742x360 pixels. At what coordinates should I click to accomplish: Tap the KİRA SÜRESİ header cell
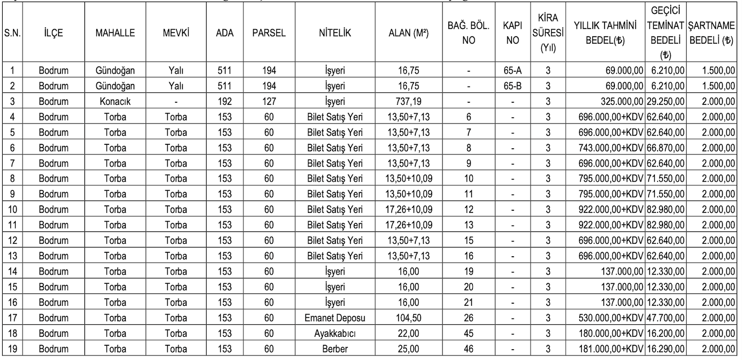tap(548, 34)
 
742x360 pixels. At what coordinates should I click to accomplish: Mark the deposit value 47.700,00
tap(666, 324)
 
